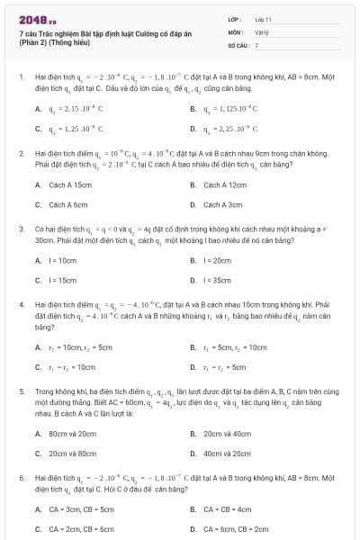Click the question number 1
(x=21, y=78)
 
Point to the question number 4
(x=21, y=305)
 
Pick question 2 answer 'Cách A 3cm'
(x=223, y=204)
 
